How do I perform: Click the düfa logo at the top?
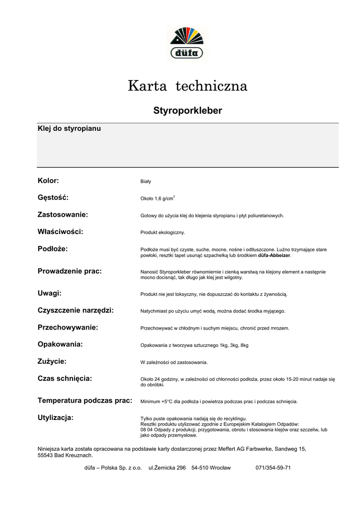tap(187, 43)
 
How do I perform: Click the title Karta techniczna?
tap(187, 86)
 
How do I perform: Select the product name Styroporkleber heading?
tap(187, 110)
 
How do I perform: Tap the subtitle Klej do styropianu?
tap(69, 129)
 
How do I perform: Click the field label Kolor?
tap(48, 180)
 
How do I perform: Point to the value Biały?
tap(146, 182)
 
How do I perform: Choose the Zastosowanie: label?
tap(63, 214)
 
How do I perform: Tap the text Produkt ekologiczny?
tap(163, 233)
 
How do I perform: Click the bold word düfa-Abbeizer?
tap(274, 255)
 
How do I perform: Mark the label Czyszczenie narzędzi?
tap(76, 310)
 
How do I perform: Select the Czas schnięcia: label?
tap(65, 378)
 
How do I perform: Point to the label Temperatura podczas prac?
tap(85, 400)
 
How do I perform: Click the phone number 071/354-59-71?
tap(273, 468)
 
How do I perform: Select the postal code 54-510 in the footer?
tap(200, 468)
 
